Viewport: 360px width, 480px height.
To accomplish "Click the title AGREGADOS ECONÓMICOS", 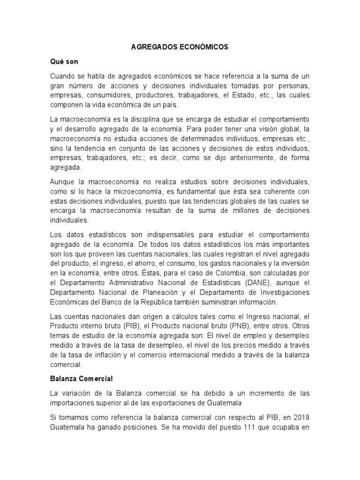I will click(x=180, y=47).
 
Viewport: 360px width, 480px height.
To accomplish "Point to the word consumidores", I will click(x=105, y=95).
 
